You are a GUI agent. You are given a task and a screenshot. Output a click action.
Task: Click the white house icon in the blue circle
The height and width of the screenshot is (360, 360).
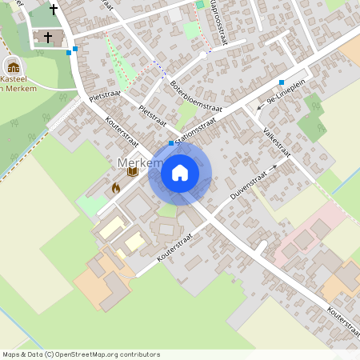coord(180,172)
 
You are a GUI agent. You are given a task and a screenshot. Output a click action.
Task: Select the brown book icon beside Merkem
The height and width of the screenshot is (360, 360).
coord(133,171)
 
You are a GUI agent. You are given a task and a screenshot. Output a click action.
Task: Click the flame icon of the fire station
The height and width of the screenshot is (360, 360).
coord(115,188)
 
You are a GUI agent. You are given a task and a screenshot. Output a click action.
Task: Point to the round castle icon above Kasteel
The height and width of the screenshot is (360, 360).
coord(14,66)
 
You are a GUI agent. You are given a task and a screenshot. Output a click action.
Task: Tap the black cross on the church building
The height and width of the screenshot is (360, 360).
coord(48,37)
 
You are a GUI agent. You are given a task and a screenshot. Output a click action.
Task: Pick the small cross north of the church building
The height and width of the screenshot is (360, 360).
coord(54,10)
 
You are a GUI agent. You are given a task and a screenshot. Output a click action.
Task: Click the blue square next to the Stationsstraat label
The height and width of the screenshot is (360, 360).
coord(171,142)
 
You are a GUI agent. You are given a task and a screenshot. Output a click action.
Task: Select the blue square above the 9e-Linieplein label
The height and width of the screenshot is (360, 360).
coord(282,82)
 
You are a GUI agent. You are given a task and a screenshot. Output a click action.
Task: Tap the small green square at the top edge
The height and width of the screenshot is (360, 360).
coord(200,5)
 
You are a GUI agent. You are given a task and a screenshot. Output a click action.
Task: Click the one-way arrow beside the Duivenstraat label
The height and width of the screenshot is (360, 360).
coord(273,168)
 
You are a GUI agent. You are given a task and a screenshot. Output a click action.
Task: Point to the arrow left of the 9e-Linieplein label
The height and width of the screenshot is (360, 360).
coord(260,108)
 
